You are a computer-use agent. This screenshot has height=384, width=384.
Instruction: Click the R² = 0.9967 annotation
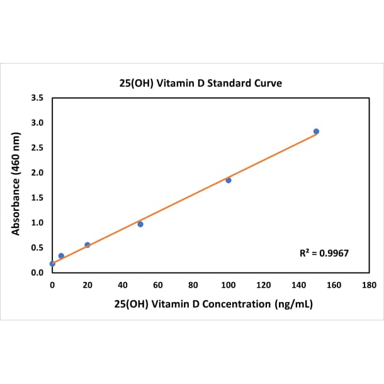coord(324,253)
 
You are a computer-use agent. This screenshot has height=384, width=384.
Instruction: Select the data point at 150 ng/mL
coord(316,131)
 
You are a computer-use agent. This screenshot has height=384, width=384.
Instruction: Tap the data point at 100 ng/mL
coord(229,180)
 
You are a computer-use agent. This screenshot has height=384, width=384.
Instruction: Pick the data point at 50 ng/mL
coord(140,224)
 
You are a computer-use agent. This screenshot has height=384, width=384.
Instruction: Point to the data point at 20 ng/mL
coord(88,245)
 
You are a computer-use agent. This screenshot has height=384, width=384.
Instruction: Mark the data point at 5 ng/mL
coord(61,256)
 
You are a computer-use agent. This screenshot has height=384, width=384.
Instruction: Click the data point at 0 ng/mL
coord(52,264)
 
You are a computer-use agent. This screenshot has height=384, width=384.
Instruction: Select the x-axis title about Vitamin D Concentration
coord(213,304)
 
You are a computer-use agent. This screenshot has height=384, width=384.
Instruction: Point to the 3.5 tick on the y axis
coord(37,98)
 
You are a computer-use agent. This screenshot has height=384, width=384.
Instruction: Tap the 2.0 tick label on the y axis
coord(37,172)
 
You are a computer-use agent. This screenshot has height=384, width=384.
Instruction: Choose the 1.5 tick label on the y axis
coord(37,198)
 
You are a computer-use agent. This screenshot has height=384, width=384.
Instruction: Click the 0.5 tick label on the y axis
coord(37,247)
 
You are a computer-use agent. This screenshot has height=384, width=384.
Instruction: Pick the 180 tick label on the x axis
coord(370,285)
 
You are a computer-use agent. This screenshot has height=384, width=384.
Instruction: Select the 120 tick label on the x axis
coord(264,285)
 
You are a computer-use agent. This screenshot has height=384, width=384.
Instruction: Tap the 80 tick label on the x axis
coord(193,285)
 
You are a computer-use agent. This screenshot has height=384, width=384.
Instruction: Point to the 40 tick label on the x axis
coord(123,285)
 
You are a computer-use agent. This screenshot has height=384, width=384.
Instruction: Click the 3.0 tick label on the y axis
coord(37,123)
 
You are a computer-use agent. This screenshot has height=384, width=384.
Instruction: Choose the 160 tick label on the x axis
coord(334,285)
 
